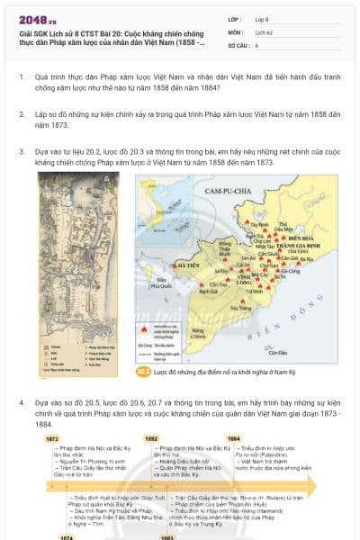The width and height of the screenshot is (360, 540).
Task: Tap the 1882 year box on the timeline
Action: pos(152,438)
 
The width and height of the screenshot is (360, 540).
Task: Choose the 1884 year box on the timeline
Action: pos(233,438)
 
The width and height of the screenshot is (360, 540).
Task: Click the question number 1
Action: pos(22,78)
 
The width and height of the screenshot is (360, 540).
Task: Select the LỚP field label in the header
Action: pos(236,18)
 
